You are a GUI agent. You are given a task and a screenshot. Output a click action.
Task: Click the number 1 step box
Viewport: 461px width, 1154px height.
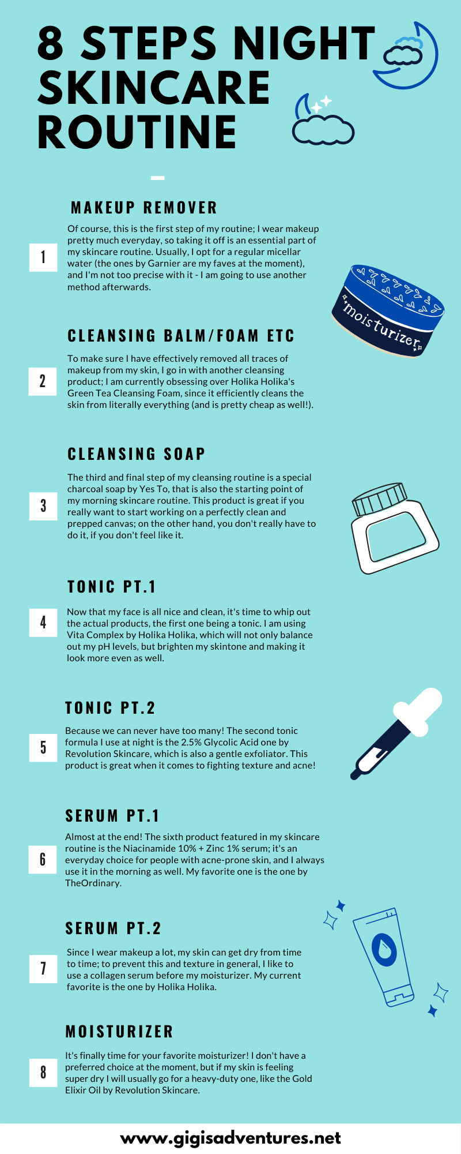pyautogui.click(x=43, y=257)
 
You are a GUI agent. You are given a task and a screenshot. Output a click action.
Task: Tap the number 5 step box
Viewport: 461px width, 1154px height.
pyautogui.click(x=43, y=747)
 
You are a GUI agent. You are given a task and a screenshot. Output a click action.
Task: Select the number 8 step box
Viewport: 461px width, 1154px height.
pyautogui.click(x=43, y=1072)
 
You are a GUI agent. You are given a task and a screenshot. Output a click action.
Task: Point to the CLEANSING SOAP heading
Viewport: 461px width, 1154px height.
pyautogui.click(x=137, y=454)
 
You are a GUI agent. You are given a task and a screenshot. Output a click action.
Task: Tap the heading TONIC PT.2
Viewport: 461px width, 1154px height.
pyautogui.click(x=110, y=708)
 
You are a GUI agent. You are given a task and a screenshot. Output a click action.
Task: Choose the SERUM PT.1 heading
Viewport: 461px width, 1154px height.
pyautogui.click(x=112, y=816)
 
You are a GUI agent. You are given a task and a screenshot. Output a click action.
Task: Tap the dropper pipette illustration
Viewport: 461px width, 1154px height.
pyautogui.click(x=395, y=733)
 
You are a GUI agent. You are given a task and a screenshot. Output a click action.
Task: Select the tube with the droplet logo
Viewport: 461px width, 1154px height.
pyautogui.click(x=383, y=957)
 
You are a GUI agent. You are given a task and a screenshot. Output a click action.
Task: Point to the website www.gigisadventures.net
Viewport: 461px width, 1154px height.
pyautogui.click(x=231, y=1138)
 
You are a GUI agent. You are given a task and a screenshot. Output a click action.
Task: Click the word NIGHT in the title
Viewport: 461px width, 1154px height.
pyautogui.click(x=304, y=43)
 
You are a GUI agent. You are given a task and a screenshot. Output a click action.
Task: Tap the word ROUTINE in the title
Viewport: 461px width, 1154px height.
pyautogui.click(x=137, y=132)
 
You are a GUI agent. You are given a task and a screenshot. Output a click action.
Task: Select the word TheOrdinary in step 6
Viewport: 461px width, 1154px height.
pyautogui.click(x=92, y=883)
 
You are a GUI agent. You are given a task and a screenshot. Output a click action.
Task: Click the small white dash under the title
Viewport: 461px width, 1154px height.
pyautogui.click(x=157, y=178)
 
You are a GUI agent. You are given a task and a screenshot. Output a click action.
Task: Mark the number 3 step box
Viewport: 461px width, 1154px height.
pyautogui.click(x=43, y=506)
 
